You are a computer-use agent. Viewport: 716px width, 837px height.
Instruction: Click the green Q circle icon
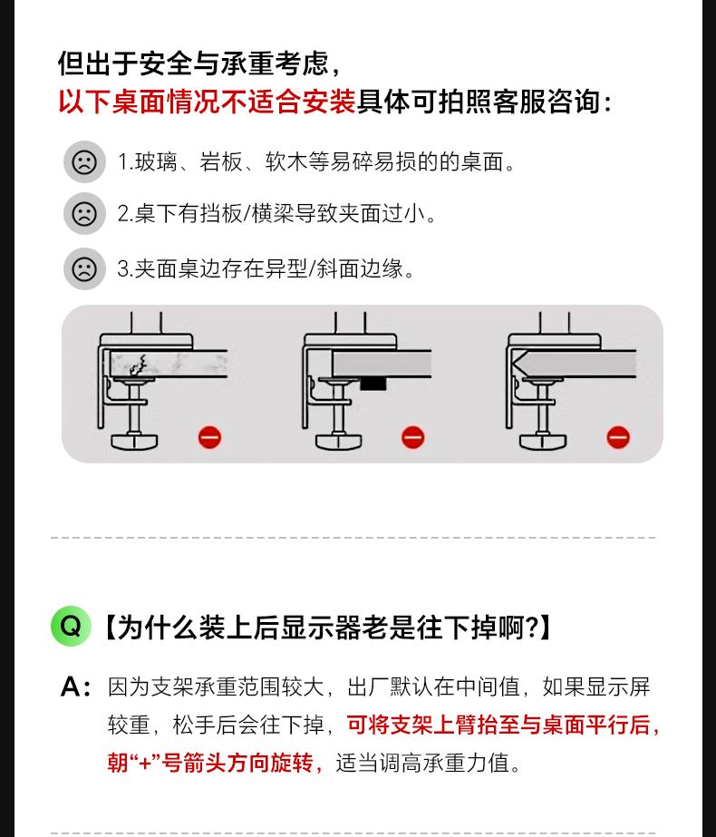tap(71, 626)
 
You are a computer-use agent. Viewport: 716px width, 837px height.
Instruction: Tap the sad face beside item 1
tap(84, 161)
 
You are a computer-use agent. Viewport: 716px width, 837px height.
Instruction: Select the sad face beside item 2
tap(84, 213)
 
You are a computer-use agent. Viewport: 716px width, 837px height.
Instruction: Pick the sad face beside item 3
tap(84, 268)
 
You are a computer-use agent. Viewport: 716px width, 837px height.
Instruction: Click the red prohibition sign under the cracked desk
tap(209, 437)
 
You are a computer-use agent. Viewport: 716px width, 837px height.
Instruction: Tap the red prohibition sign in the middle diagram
tap(413, 437)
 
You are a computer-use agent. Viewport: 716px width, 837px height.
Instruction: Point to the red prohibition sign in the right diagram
tap(618, 437)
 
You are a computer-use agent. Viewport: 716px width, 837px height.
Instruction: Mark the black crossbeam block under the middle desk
tap(371, 384)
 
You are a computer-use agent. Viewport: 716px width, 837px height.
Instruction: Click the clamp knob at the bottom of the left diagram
tap(135, 442)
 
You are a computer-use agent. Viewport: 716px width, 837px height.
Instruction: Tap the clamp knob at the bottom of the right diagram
tap(543, 442)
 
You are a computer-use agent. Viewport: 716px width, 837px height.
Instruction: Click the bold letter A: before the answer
tap(75, 686)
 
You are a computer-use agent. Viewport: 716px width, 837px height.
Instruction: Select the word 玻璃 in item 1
tap(156, 161)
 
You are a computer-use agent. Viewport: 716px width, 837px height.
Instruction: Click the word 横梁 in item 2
tap(273, 213)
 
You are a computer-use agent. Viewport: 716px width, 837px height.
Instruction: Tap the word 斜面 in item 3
tap(338, 268)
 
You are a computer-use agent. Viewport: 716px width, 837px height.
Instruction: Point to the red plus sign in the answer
tap(145, 763)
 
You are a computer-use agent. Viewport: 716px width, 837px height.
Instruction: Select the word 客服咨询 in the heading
tap(547, 102)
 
